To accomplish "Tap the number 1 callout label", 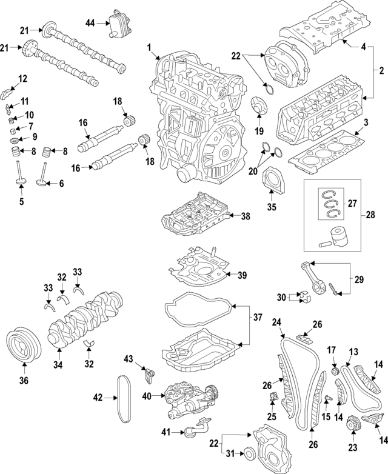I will click(149, 47).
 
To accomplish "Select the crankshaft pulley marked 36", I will click(23, 346).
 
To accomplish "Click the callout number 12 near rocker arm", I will click(22, 78).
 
